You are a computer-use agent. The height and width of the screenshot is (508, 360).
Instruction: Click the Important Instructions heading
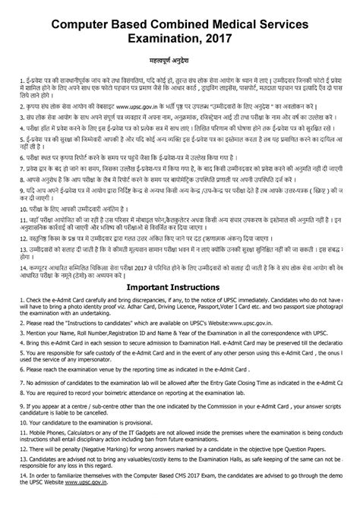[180, 288]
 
